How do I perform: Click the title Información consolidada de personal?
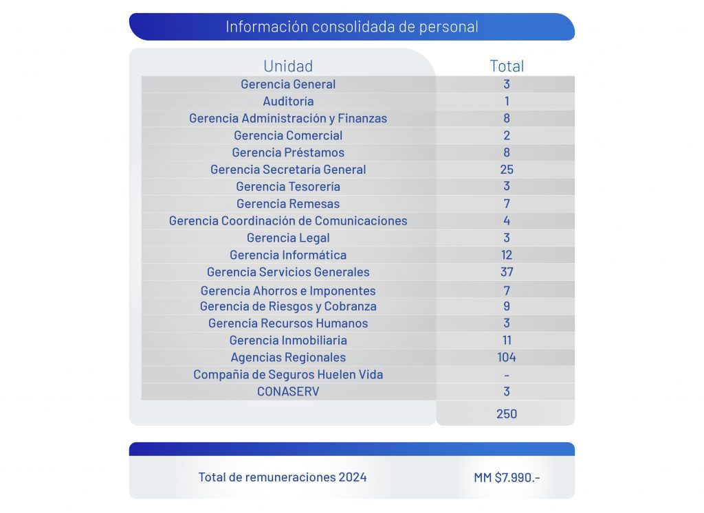351,27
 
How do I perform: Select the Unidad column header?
288,66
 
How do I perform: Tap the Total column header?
507,66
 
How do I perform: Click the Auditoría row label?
288,101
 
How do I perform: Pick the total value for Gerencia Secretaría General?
507,170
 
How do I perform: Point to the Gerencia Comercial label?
288,135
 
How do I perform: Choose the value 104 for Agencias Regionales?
507,357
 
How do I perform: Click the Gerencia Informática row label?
288,255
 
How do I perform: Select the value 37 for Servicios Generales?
507,272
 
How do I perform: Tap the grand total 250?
507,414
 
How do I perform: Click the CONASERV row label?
288,391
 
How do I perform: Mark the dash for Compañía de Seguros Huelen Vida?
507,375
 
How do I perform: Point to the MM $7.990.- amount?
507,477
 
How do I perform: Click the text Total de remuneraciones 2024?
283,477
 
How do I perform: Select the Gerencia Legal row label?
288,238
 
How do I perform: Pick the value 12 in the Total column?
507,255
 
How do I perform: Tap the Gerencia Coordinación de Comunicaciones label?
288,221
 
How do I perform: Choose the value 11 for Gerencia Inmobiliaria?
507,340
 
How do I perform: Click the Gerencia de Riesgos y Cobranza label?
288,306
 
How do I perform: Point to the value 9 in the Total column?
507,306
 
